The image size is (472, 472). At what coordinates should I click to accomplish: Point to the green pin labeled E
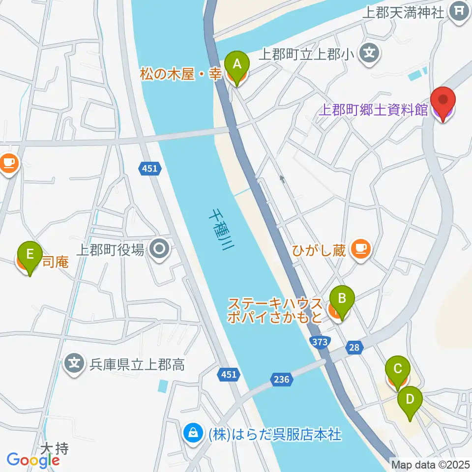tap(30, 256)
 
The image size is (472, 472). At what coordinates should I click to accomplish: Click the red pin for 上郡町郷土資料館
tap(442, 101)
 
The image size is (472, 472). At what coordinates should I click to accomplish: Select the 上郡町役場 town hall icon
tap(160, 250)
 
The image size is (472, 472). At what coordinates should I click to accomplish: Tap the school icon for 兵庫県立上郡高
tap(74, 364)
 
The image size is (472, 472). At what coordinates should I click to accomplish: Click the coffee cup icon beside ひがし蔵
tap(361, 249)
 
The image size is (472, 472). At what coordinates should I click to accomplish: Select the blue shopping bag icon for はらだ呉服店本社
tap(193, 434)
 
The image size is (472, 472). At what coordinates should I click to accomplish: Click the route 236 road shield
tap(282, 379)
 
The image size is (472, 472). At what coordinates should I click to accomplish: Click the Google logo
tap(33, 460)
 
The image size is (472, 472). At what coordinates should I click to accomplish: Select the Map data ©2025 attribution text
tap(430, 464)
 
